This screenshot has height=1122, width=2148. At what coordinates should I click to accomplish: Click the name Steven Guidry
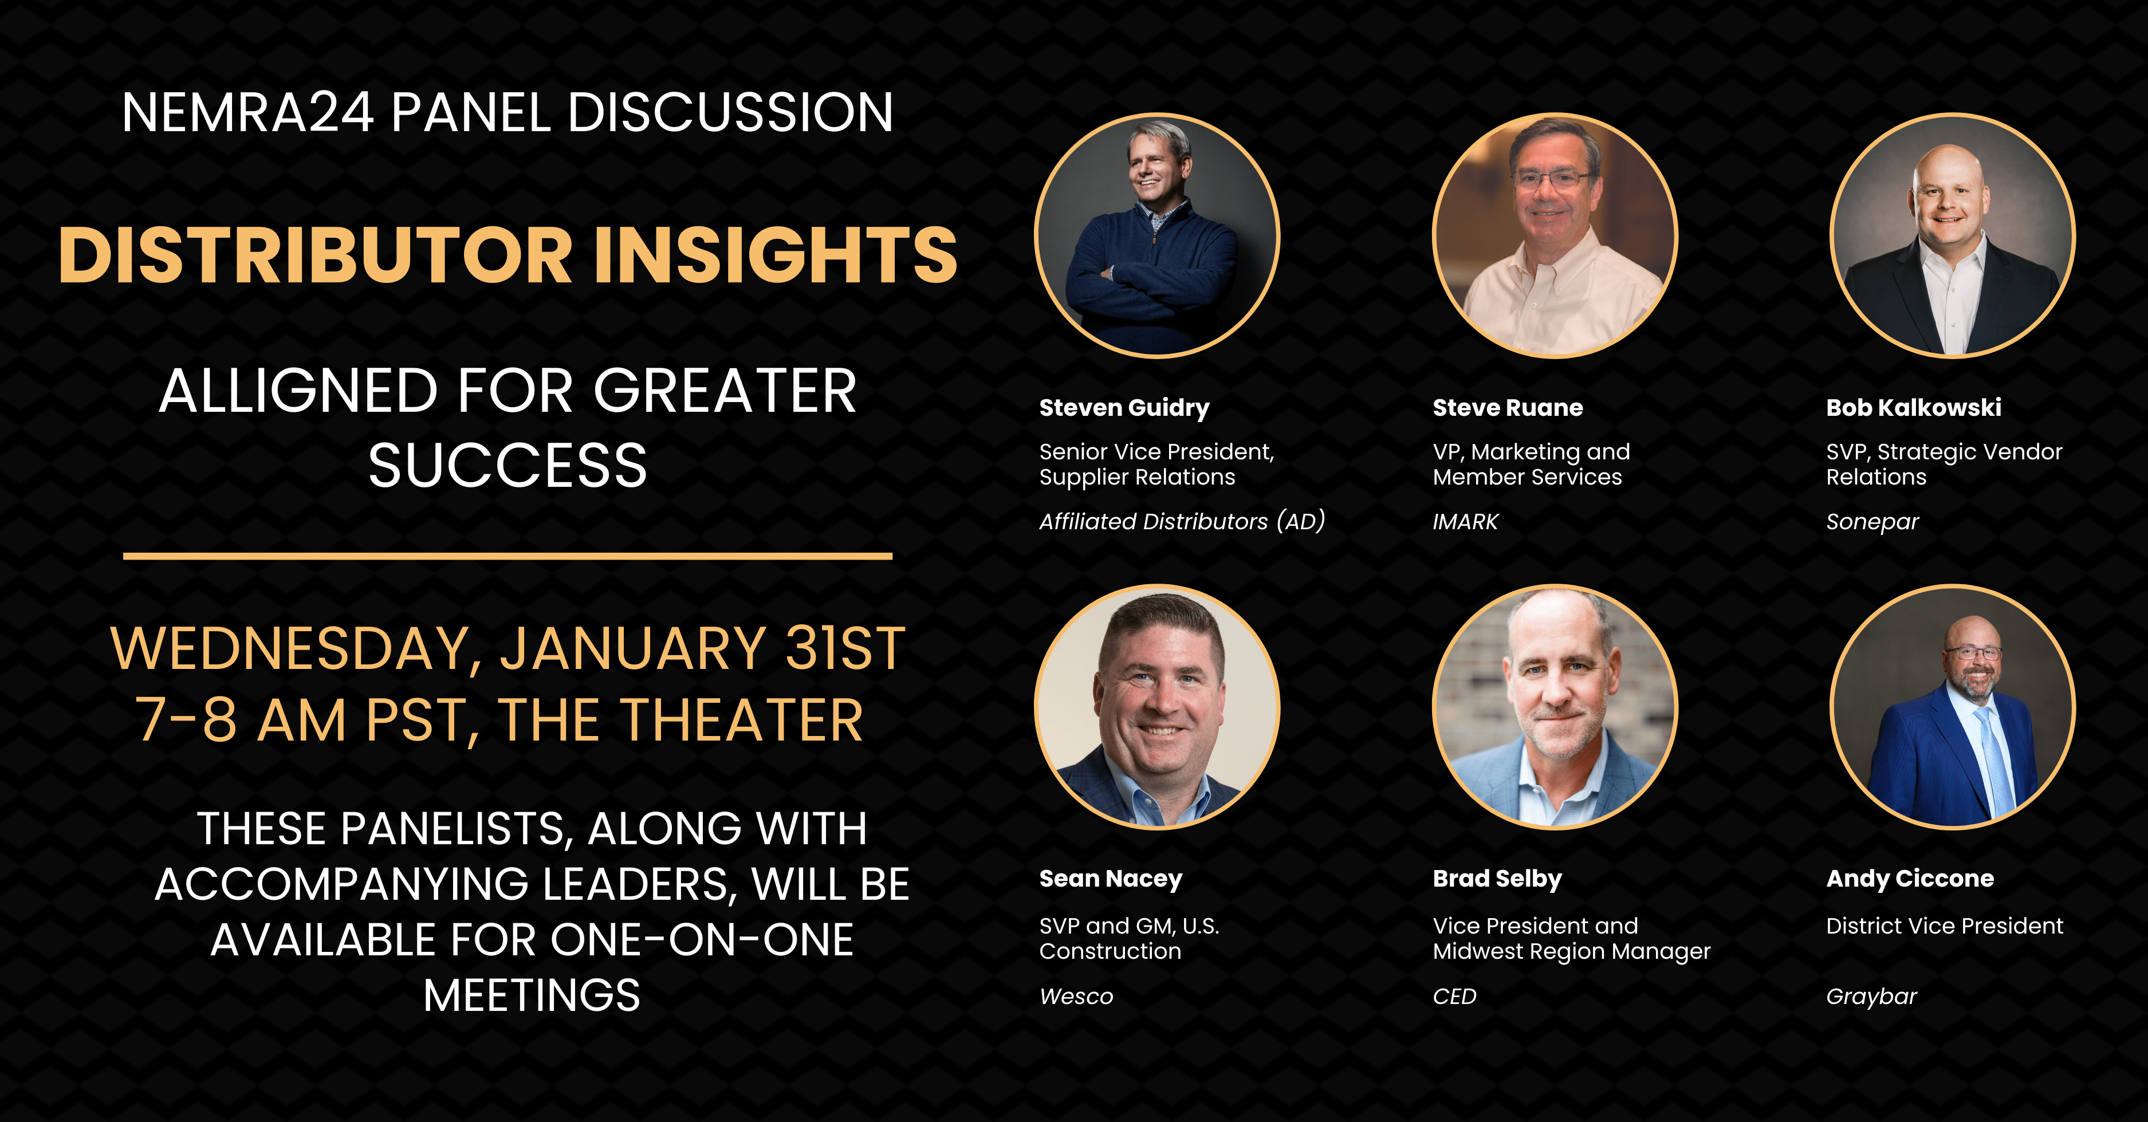point(1124,408)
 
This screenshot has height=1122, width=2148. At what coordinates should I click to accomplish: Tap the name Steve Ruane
point(1508,408)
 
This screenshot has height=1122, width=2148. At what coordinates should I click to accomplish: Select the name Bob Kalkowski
point(1914,408)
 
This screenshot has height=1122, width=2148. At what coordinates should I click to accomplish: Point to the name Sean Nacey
point(1111,879)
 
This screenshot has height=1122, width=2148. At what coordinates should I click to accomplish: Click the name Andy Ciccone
point(1910,879)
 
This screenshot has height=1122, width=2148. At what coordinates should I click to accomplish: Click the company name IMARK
point(1465,522)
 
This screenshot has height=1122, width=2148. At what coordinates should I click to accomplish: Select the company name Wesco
point(1076,997)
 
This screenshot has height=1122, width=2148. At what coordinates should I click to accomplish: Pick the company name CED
point(1454,997)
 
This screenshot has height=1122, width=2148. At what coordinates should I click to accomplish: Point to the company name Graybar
point(1871,998)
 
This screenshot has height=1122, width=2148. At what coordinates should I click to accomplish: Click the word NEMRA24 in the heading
point(247,112)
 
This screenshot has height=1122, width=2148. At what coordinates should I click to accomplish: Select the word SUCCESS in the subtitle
point(508,465)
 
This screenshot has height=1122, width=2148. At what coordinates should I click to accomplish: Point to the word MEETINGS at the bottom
point(532,995)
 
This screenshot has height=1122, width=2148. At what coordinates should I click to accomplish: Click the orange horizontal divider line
point(508,555)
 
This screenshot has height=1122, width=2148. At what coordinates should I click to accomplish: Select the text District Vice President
point(1945,926)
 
